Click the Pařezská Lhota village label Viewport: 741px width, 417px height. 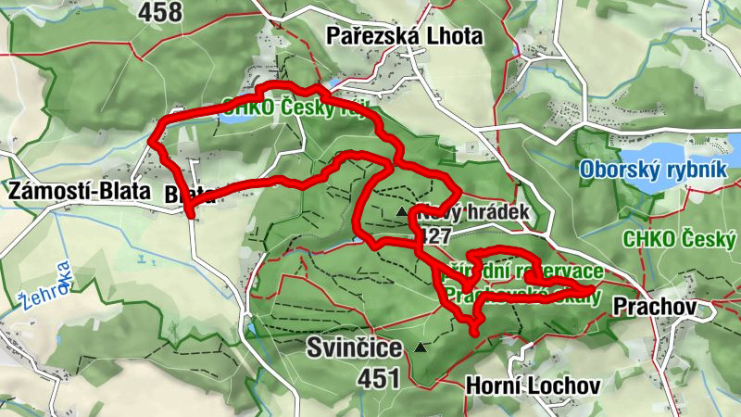tap(404, 37)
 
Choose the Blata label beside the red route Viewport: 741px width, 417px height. tap(191, 195)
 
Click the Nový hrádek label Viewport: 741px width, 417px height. tap(472, 212)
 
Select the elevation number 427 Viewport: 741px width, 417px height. tap(434, 234)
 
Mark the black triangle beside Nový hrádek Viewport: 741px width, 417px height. tap(401, 212)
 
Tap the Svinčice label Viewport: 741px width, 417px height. tap(355, 349)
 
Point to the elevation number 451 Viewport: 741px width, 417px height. tap(381, 378)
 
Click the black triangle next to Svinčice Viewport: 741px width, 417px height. tap(421, 348)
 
